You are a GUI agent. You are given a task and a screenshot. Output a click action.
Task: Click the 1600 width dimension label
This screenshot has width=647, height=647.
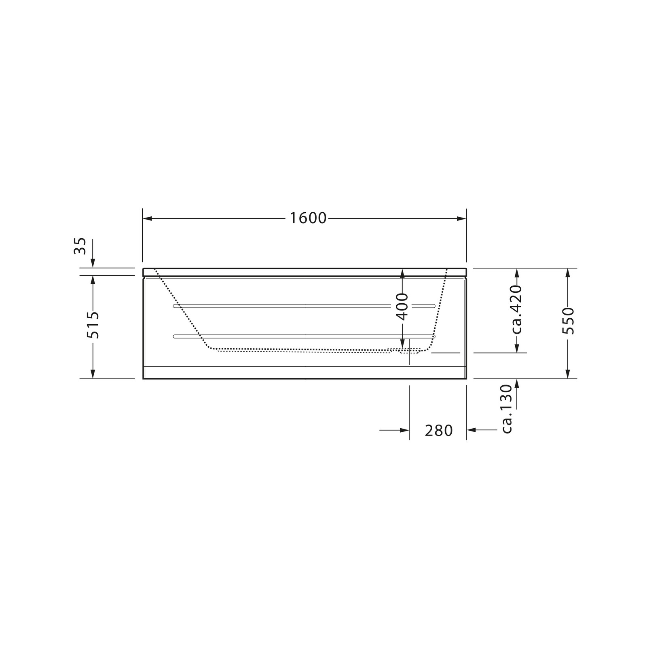(x=308, y=218)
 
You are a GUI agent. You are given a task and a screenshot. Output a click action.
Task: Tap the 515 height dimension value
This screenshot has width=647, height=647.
(x=93, y=325)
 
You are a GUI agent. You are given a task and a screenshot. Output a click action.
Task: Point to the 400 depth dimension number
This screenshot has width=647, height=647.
(x=402, y=307)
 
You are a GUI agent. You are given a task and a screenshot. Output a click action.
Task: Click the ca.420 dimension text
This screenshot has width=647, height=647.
(x=517, y=310)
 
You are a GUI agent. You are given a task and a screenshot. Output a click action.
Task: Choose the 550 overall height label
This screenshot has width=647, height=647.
(x=568, y=321)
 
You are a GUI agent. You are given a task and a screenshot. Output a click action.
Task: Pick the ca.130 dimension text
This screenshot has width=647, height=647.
(x=506, y=409)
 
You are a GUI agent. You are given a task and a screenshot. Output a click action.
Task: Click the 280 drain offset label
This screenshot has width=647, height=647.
(x=439, y=431)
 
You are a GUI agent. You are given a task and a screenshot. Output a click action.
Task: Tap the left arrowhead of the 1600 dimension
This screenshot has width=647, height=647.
(x=148, y=219)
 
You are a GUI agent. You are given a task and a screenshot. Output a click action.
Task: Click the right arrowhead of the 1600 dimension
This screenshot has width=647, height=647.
(x=461, y=219)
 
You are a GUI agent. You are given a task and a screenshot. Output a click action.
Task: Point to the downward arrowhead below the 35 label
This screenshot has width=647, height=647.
(x=93, y=263)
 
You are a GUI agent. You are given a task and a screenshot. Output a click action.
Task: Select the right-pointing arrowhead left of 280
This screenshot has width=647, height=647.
(x=404, y=430)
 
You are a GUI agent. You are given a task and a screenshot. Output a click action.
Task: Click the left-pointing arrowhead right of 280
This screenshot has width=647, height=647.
(x=472, y=430)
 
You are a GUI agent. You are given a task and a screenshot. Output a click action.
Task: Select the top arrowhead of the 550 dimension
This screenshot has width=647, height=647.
(x=568, y=273)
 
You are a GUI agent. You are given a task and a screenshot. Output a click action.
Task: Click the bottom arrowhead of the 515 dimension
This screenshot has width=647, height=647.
(x=93, y=374)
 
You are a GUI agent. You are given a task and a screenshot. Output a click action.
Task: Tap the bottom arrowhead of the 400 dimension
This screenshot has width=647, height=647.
(x=402, y=343)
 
